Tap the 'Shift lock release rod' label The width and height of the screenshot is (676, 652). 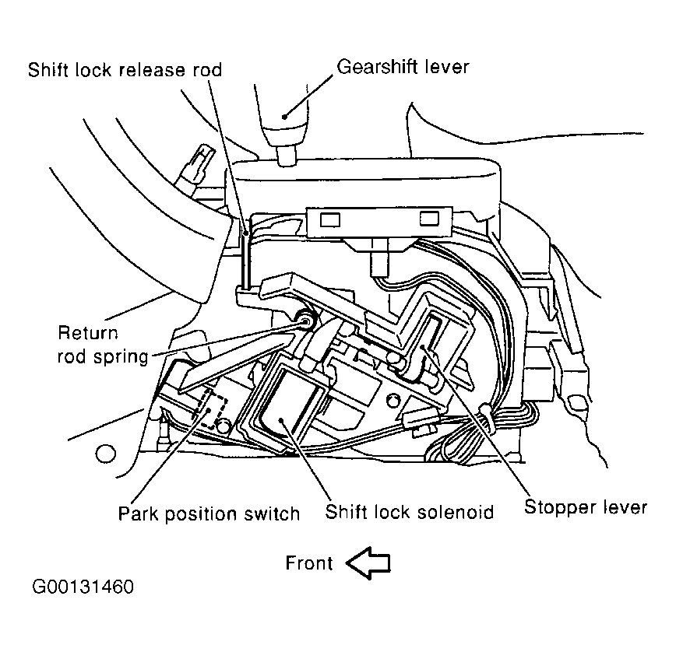point(125,70)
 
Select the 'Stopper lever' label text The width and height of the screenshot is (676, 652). point(585,507)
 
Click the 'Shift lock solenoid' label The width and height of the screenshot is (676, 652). point(410,513)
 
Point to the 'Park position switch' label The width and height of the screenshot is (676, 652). point(209,513)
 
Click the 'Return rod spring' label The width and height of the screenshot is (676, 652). point(102,345)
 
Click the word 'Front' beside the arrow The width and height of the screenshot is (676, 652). point(309,563)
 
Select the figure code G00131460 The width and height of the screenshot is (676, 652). point(83,586)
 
